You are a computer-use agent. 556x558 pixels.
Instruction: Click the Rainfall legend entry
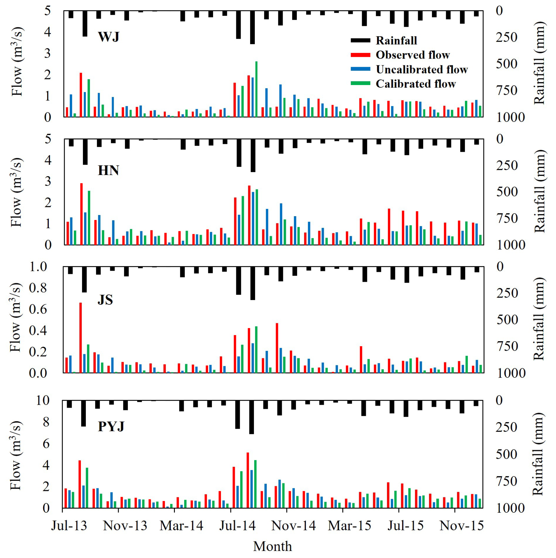click(396, 41)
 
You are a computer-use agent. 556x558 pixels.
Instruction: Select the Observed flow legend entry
click(412, 55)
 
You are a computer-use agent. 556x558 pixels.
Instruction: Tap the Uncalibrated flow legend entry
click(421, 69)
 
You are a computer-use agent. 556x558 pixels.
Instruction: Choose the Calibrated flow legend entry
click(416, 84)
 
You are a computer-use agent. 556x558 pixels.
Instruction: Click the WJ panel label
click(109, 37)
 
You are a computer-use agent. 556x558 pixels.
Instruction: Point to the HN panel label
click(108, 170)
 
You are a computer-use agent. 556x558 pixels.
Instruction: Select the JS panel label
click(105, 299)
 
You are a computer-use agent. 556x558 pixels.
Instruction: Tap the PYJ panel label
click(111, 426)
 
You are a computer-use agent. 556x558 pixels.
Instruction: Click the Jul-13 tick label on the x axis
click(69, 526)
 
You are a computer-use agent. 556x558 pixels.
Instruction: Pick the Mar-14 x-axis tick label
click(181, 526)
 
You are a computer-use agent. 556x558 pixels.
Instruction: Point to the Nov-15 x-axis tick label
click(461, 526)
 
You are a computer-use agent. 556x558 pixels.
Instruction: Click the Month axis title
click(272, 546)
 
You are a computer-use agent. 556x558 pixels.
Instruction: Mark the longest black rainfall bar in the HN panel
click(253, 155)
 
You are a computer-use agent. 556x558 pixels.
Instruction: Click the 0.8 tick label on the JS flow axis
click(38, 288)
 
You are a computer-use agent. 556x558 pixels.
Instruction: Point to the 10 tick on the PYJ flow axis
click(43, 400)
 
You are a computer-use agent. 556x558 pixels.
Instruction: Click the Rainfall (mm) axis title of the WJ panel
click(539, 63)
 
